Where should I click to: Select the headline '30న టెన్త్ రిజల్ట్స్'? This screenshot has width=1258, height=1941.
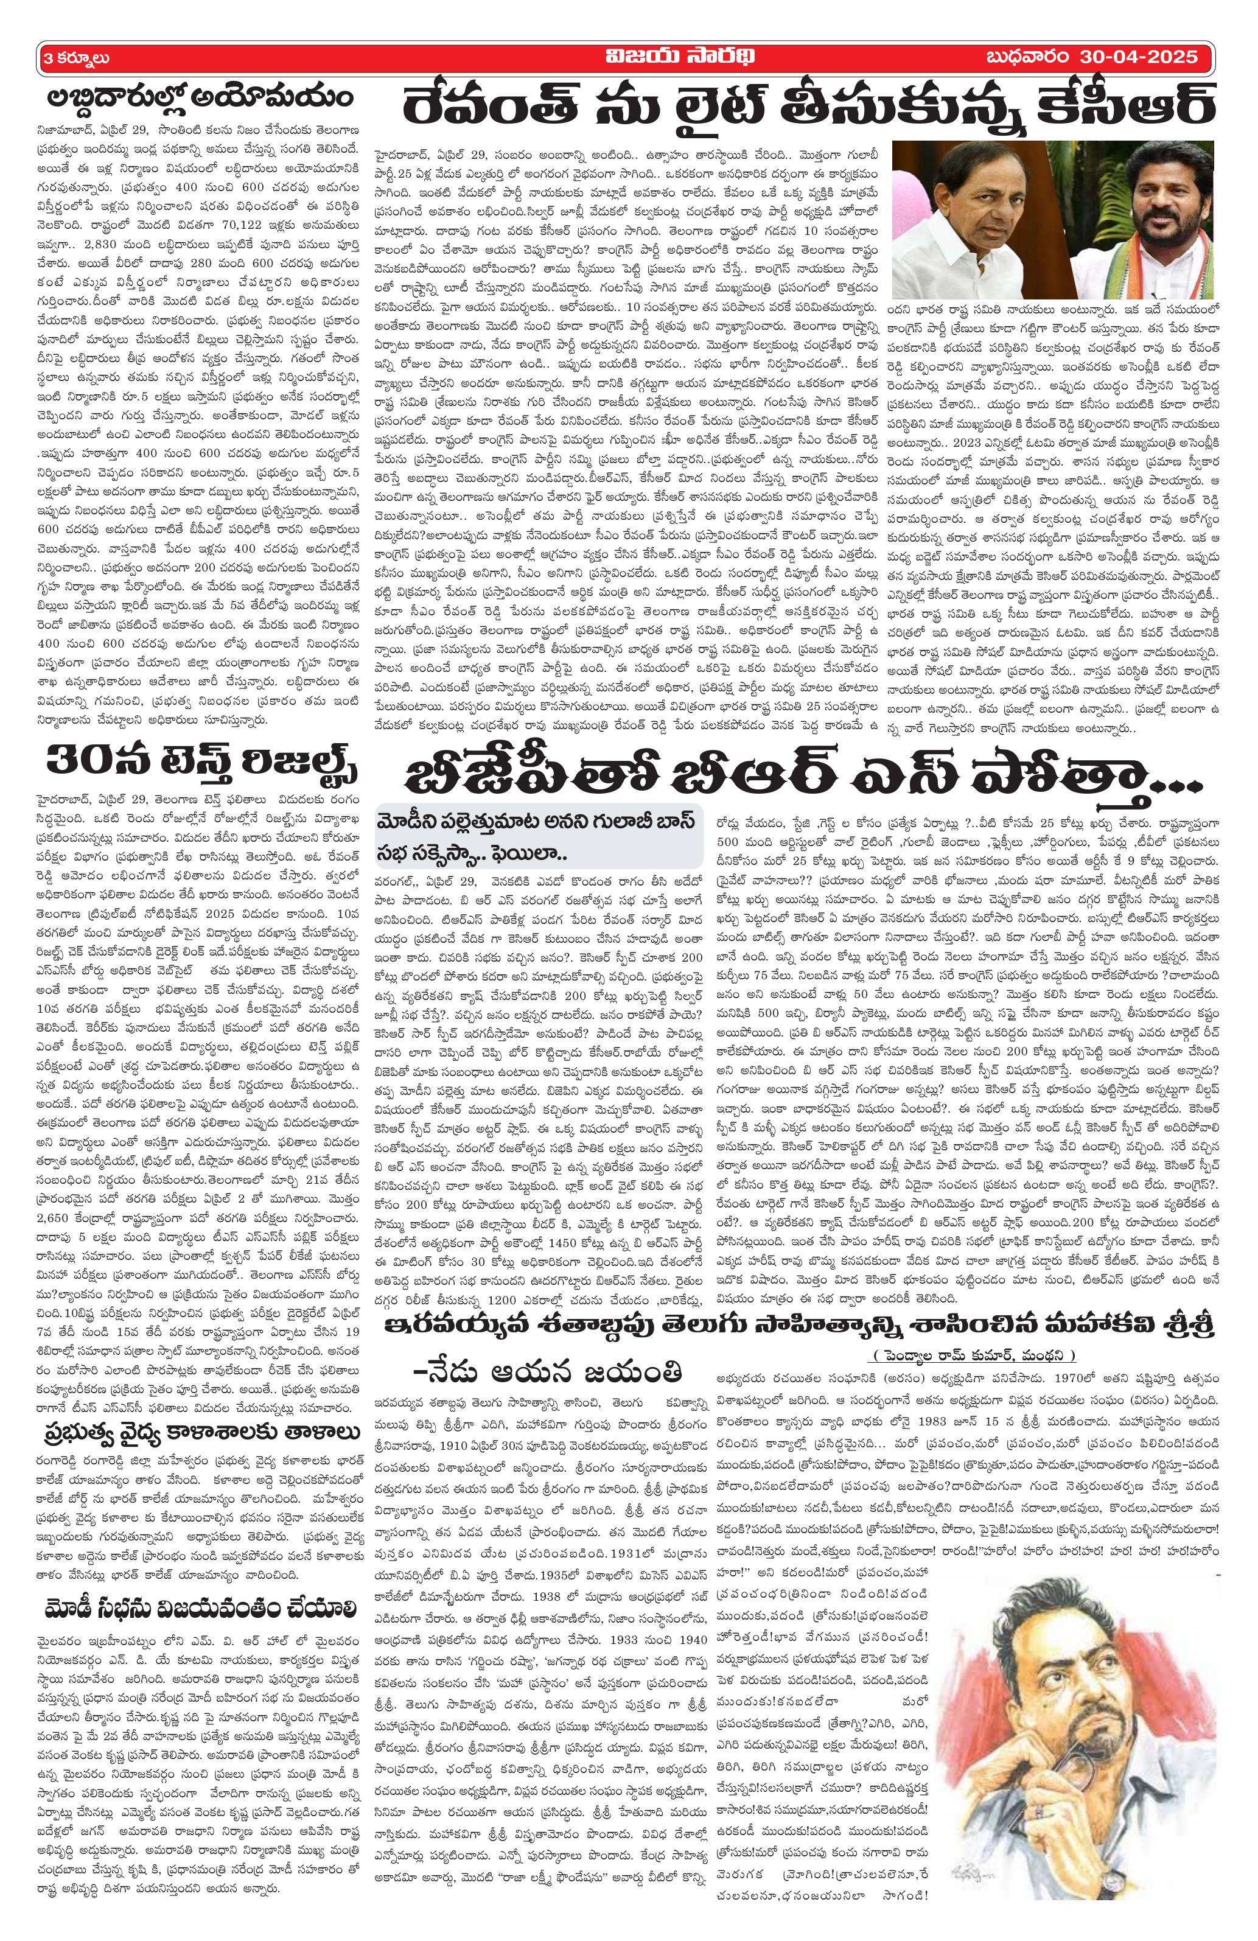point(200,764)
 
